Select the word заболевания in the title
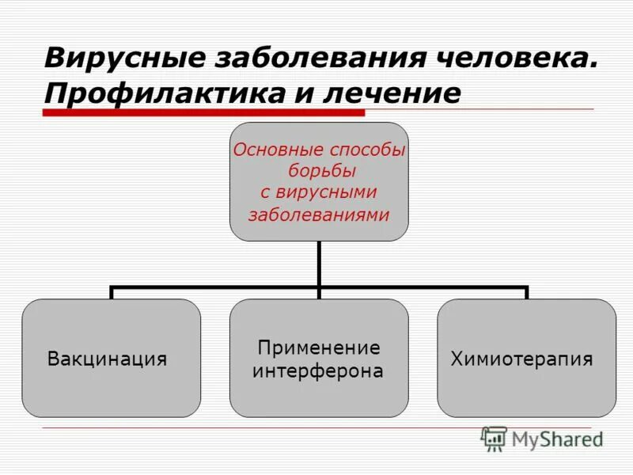point(309,59)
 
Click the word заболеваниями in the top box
point(319,214)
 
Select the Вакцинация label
point(108,359)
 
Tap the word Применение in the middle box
point(319,348)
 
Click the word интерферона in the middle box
point(318,370)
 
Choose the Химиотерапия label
point(522,359)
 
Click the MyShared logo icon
point(494,439)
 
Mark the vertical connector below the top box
point(319,263)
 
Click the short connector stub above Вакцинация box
point(112,293)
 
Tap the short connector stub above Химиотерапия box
point(526,293)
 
